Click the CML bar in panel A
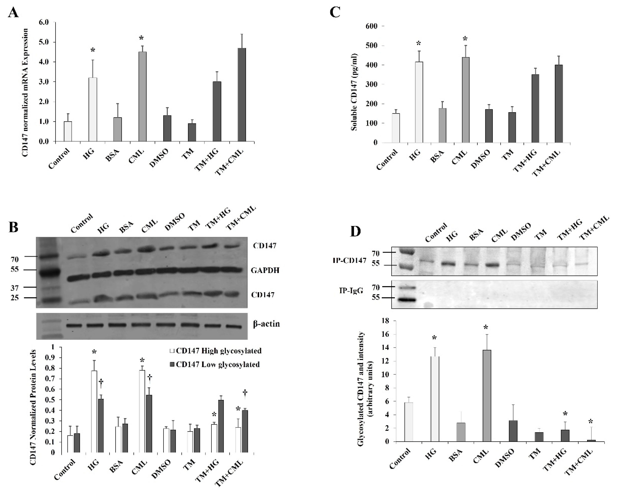coord(142,97)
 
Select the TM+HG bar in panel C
coord(535,108)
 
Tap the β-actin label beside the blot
coord(266,324)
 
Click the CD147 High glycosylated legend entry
coord(216,351)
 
